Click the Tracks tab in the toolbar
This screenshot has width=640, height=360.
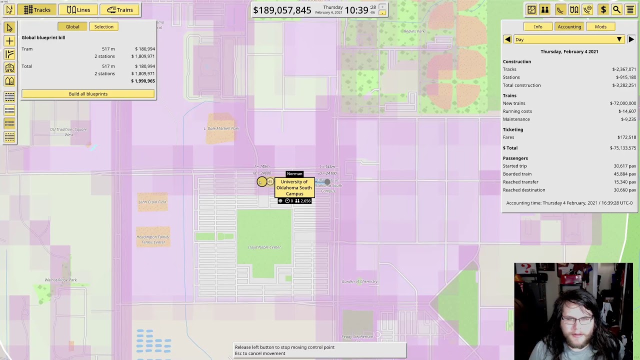(x=37, y=9)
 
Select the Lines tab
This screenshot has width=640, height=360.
(x=78, y=9)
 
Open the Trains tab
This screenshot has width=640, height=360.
(x=119, y=9)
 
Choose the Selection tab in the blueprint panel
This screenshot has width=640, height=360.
(x=104, y=26)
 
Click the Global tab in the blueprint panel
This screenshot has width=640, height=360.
(x=72, y=26)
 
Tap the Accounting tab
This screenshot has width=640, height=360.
(x=569, y=26)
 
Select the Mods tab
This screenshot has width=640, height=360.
(x=600, y=26)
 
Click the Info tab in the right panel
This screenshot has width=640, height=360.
(x=538, y=26)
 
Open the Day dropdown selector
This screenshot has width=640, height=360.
(x=569, y=39)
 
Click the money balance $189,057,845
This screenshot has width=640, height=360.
(x=282, y=10)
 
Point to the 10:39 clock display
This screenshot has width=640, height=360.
(x=356, y=10)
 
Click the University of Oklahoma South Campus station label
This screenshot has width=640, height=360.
(x=294, y=187)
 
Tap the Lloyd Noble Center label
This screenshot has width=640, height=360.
(x=264, y=247)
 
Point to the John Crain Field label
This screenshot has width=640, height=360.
(x=152, y=202)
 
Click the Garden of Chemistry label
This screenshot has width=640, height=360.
(x=359, y=281)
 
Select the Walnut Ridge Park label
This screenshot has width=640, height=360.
(x=61, y=280)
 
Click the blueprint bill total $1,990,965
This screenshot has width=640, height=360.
(x=143, y=81)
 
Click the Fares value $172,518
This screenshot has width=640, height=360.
(x=626, y=137)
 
